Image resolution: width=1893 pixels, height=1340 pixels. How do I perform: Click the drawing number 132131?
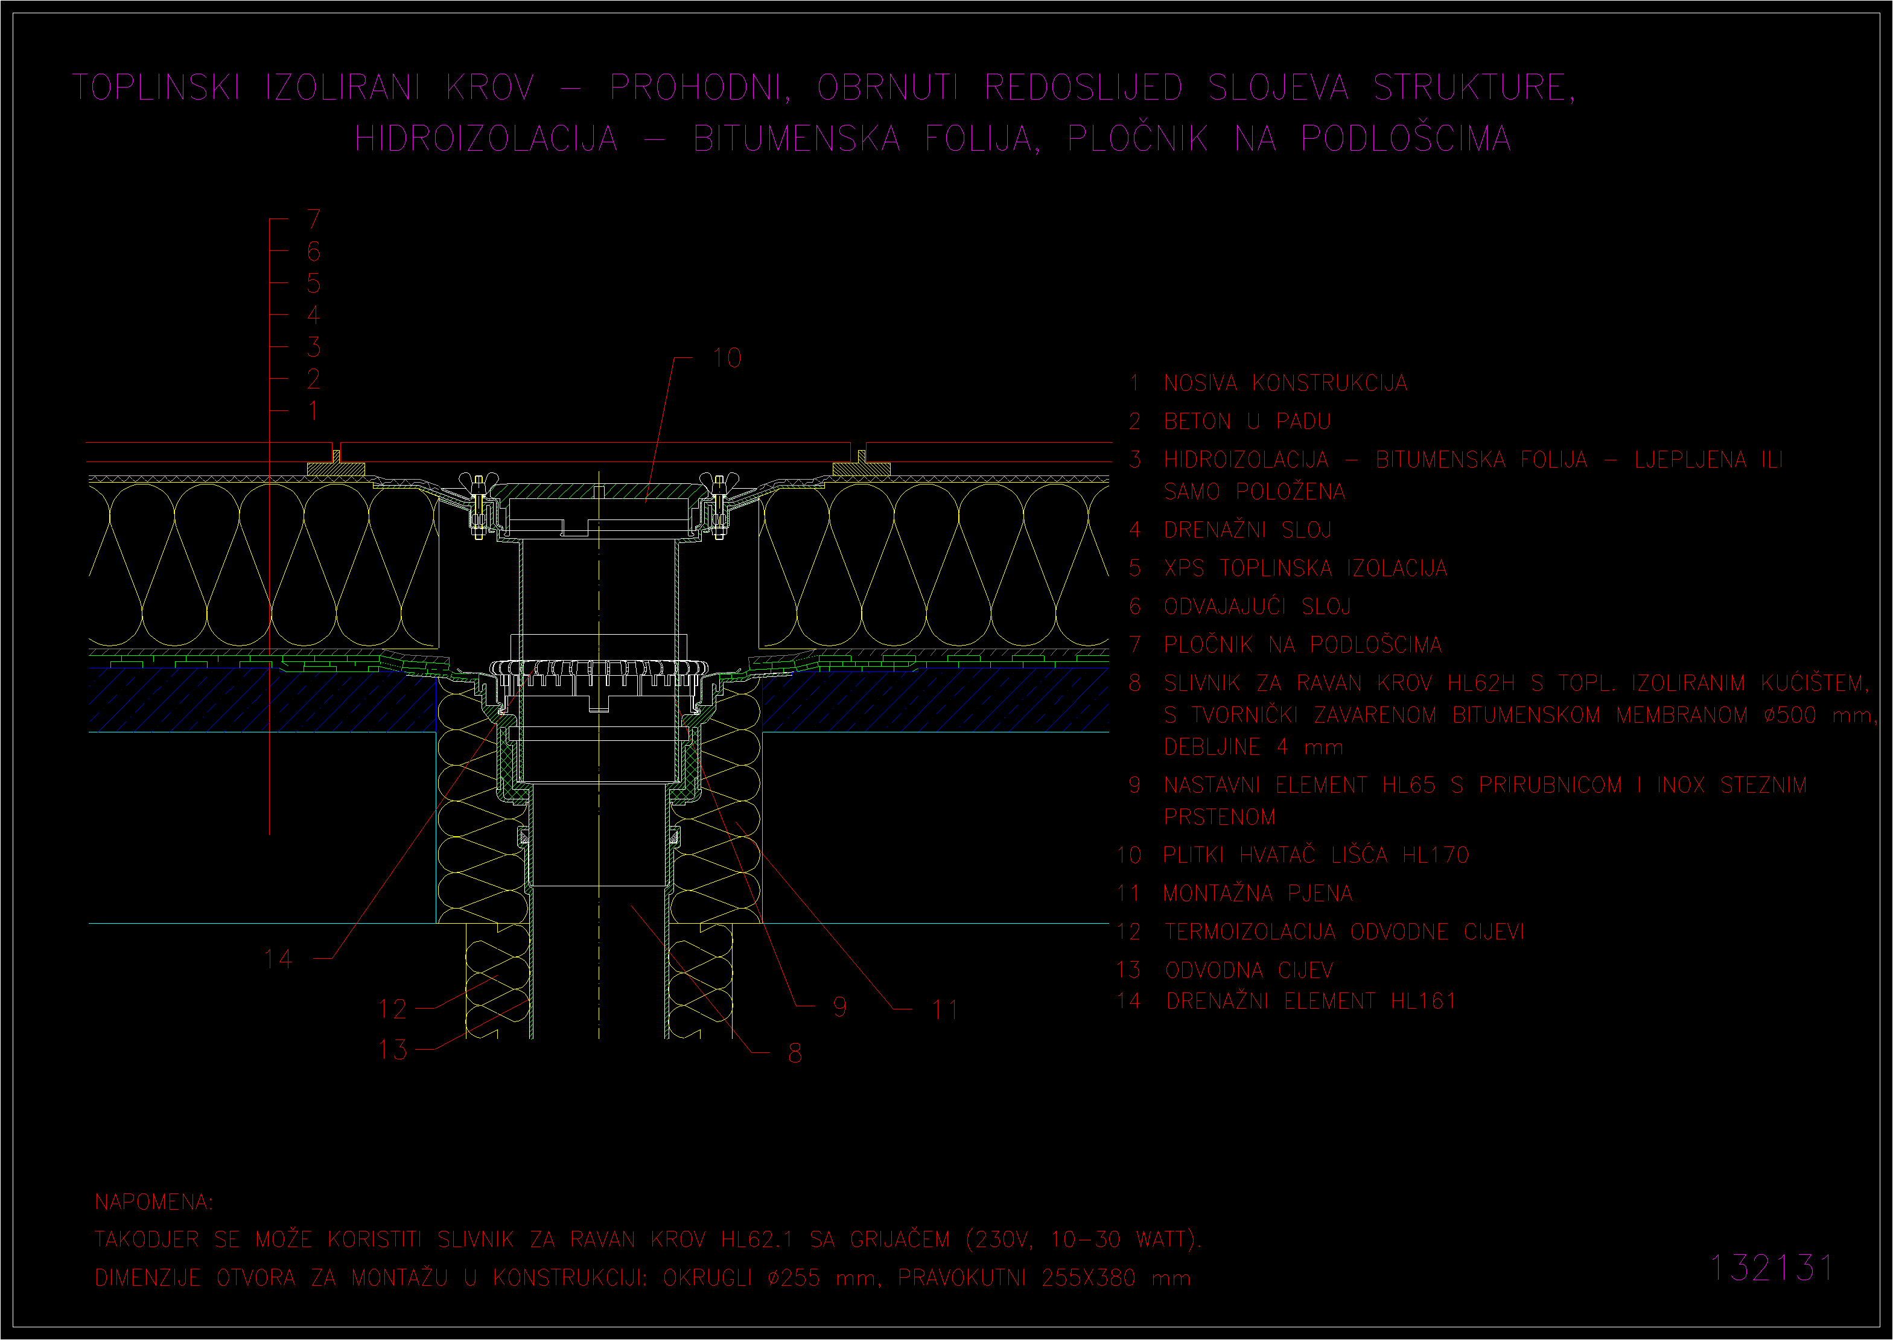point(1772,1268)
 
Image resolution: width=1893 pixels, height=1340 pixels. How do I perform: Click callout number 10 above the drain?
point(727,358)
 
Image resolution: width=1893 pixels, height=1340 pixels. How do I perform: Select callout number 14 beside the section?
point(278,959)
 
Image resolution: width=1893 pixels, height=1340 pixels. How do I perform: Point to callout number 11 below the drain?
point(945,1010)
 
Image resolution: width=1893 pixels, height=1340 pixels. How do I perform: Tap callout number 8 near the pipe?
point(795,1053)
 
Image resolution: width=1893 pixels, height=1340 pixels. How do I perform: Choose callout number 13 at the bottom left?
point(392,1050)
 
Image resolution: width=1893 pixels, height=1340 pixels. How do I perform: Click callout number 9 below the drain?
point(839,1006)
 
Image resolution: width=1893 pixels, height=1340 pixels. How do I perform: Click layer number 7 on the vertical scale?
point(314,220)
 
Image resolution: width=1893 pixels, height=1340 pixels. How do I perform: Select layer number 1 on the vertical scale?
point(314,411)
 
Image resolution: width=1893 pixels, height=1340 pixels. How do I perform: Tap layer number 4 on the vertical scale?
point(314,315)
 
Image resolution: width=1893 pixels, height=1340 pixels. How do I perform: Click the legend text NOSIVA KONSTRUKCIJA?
point(1286,384)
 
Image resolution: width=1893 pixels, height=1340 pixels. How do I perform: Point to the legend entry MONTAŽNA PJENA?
point(1258,893)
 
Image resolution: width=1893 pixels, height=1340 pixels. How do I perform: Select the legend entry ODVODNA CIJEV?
point(1249,970)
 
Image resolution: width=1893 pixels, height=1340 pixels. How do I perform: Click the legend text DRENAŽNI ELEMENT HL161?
point(1311,1001)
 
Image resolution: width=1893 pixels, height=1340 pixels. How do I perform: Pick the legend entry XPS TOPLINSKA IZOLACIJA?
point(1305,568)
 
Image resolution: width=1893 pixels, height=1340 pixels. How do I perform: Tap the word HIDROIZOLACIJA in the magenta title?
point(486,139)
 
